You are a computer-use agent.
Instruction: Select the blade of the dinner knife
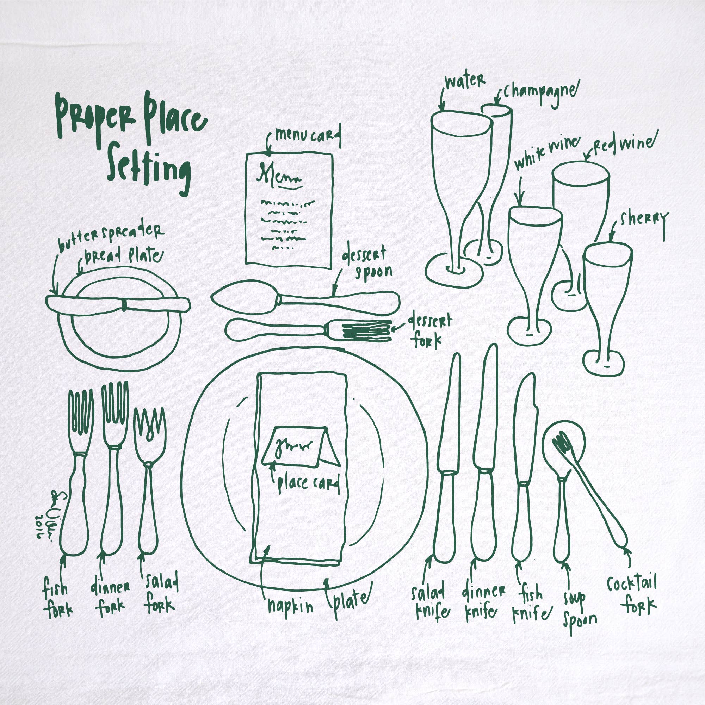pos(487,409)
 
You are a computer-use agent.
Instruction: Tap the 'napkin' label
pos(290,606)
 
